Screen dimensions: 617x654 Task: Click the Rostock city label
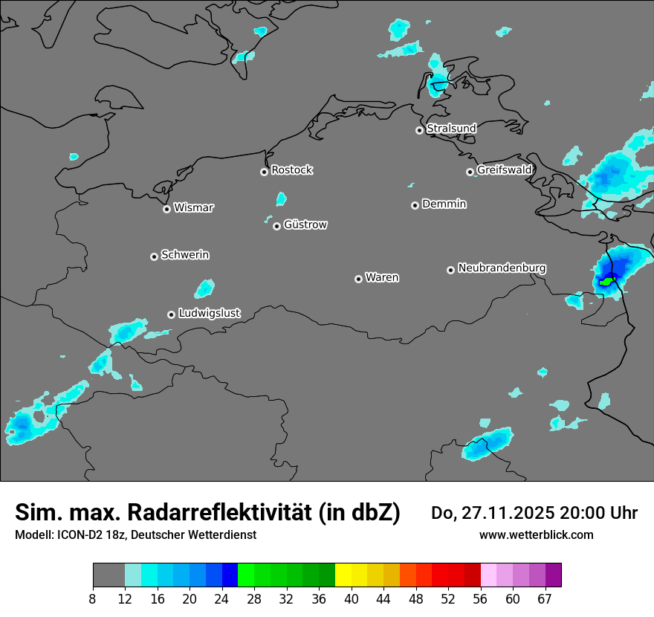[291, 170]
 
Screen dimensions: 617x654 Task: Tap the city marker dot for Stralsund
[419, 130]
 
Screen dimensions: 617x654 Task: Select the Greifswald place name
[504, 170]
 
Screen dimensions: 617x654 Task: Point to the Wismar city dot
[166, 209]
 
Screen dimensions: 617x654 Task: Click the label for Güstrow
[305, 224]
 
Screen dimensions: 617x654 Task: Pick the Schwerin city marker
[154, 256]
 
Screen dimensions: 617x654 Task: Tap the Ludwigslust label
[209, 313]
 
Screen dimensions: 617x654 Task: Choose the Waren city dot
[358, 279]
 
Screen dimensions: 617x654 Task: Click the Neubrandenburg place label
[502, 268]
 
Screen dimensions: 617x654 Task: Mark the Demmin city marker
[415, 205]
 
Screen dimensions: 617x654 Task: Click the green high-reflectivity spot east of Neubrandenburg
[607, 282]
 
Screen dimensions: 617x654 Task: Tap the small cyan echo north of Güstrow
[281, 198]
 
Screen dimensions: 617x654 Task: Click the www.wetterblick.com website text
[536, 534]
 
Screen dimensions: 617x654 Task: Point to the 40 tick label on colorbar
[352, 599]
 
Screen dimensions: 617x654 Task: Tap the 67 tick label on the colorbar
[545, 599]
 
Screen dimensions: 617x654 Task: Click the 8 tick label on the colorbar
[93, 599]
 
